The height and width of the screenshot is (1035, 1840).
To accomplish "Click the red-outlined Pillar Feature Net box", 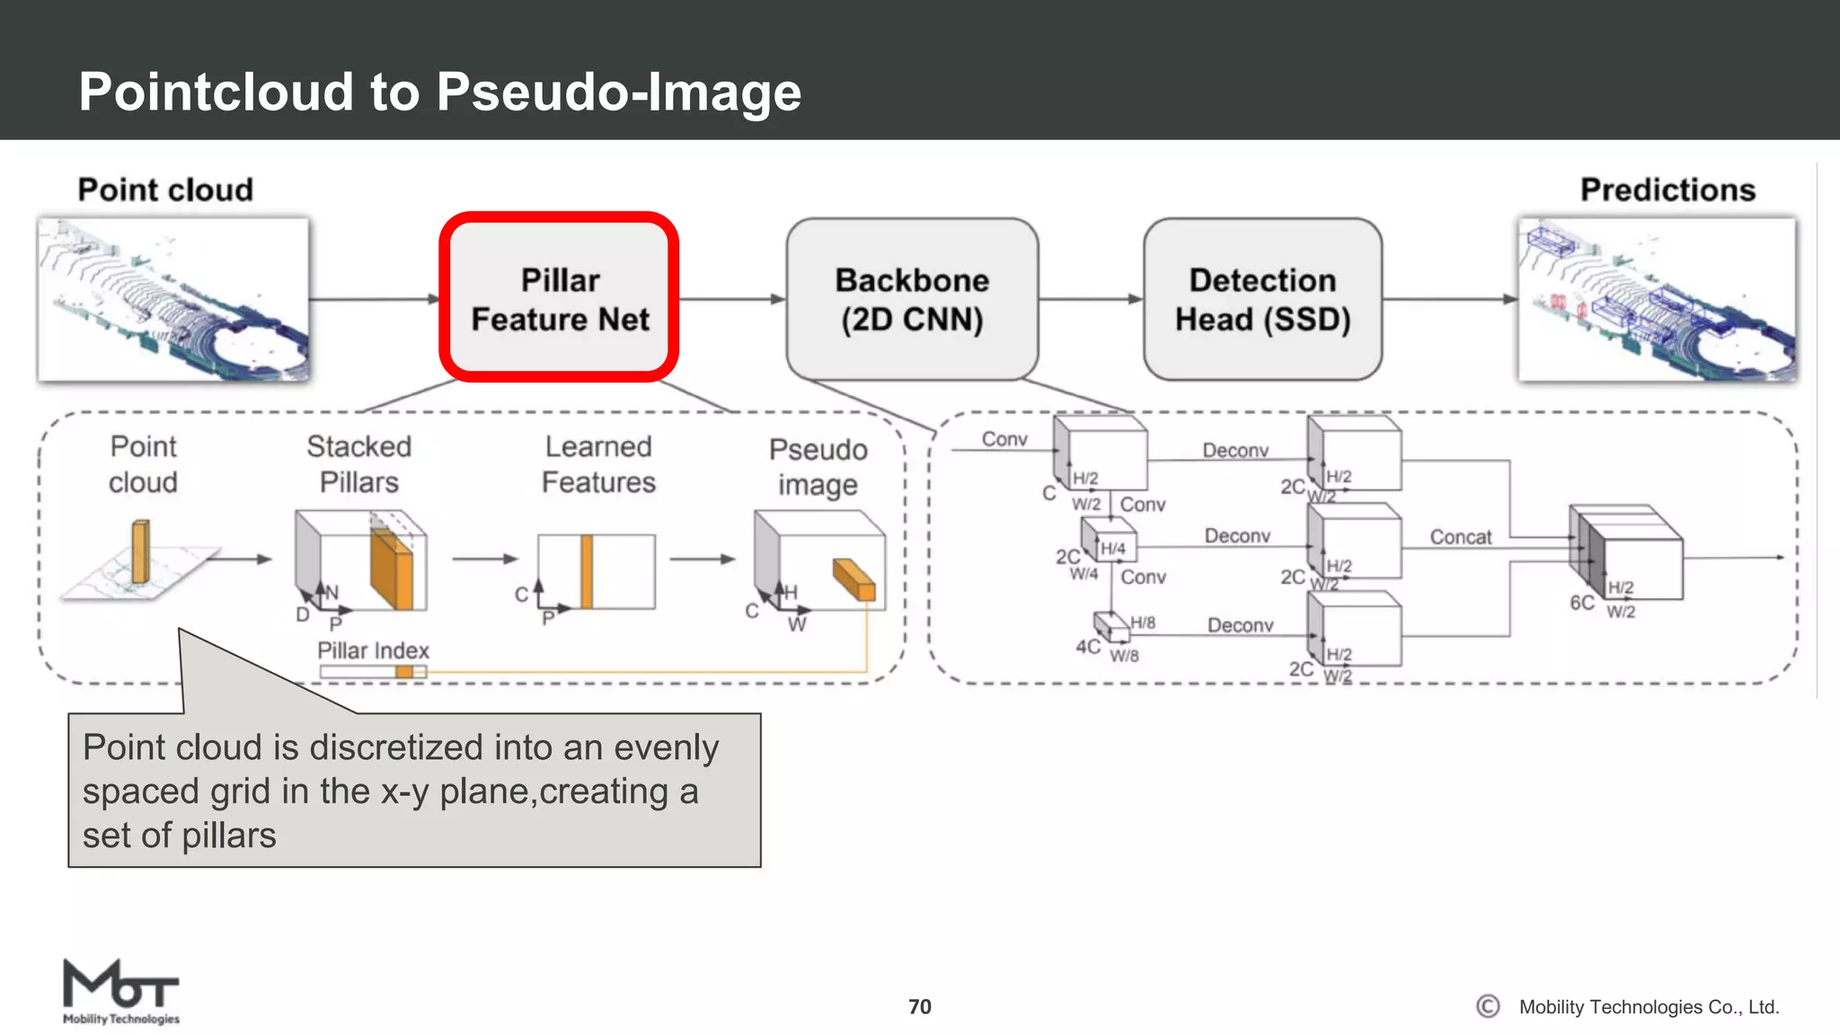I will [559, 298].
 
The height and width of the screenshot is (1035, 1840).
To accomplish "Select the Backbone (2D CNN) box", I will [912, 299].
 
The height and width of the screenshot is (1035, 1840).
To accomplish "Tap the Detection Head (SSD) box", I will [1262, 299].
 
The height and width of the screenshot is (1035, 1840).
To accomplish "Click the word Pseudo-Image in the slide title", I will [619, 92].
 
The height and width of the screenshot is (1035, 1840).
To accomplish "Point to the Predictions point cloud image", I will [1657, 299].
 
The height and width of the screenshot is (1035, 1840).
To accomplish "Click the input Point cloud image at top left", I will [172, 299].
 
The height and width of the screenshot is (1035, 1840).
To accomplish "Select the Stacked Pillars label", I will [358, 464].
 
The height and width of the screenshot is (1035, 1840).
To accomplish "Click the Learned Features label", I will [598, 464].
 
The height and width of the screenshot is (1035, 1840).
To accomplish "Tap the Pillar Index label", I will [373, 650].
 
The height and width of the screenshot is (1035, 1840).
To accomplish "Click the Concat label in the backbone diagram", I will [1460, 537].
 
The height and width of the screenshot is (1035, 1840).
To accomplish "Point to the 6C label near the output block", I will [1581, 603].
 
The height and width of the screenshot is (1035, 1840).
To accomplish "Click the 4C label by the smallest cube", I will [1087, 647].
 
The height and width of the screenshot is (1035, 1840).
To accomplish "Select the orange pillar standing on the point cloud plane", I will [140, 552].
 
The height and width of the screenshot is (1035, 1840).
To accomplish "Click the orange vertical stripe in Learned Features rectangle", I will [587, 571].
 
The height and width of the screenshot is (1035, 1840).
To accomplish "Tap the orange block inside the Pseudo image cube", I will [854, 579].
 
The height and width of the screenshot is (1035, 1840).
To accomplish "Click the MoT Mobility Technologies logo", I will [120, 991].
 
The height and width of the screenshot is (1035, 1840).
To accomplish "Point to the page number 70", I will [919, 1007].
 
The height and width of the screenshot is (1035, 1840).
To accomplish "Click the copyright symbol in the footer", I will [1488, 1007].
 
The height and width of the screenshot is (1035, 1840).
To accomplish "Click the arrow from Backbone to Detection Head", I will [1091, 299].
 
